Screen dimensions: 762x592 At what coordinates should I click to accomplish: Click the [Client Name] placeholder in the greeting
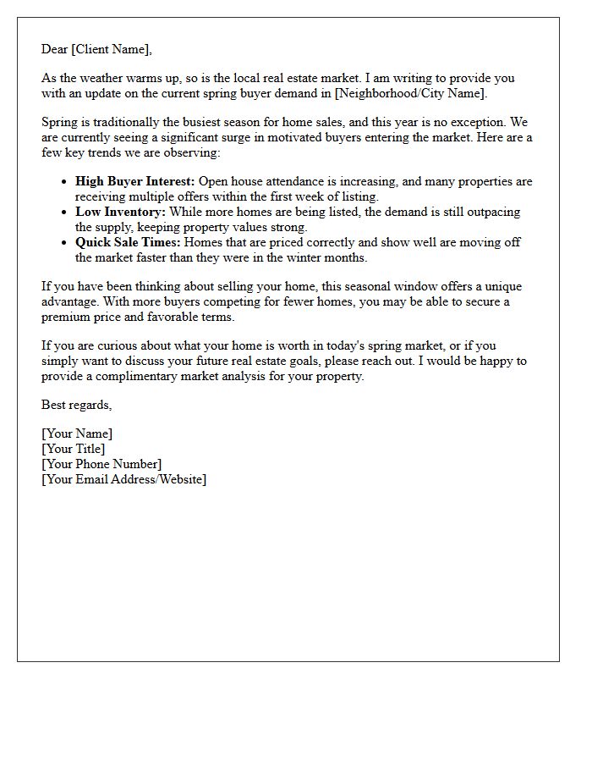pos(111,49)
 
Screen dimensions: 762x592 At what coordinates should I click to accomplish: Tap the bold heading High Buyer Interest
pos(135,181)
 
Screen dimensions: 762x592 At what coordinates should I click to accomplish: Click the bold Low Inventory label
pos(120,212)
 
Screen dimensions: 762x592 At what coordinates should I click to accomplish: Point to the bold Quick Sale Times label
pos(128,242)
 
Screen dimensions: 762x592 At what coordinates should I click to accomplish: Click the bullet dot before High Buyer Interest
pos(65,182)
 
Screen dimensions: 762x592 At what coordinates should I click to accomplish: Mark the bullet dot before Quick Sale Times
pos(65,243)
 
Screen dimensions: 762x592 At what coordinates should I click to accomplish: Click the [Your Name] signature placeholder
pos(76,433)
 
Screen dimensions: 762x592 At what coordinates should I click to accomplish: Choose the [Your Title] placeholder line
pos(73,449)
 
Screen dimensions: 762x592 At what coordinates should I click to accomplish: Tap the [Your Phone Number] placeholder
pos(101,464)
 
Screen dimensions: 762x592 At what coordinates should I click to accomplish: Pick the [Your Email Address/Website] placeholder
pos(123,479)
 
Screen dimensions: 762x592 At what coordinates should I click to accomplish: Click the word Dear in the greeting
pos(55,49)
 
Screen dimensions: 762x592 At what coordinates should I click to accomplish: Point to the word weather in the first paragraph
pos(107,78)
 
